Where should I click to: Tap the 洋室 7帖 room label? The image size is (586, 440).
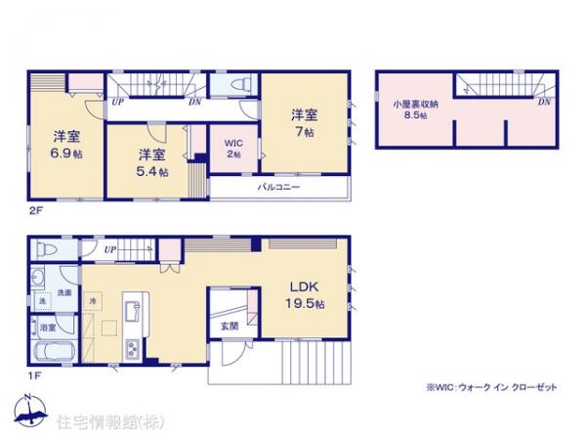[x=301, y=122]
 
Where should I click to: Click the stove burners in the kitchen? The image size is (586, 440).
[x=132, y=346]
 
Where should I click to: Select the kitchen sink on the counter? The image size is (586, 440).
[x=129, y=310]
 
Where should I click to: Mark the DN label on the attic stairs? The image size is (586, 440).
[x=542, y=101]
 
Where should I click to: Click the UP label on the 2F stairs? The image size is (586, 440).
[x=117, y=99]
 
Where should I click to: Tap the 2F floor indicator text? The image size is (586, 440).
[x=35, y=208]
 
